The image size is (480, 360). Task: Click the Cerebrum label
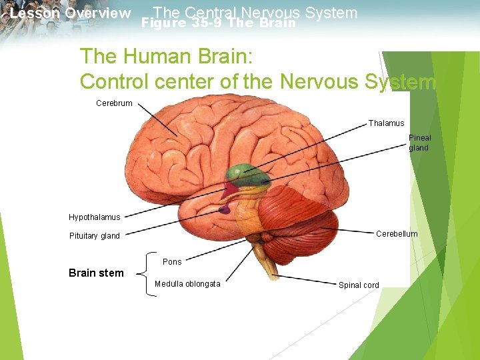pyautogui.click(x=114, y=103)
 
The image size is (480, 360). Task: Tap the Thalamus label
pyautogui.click(x=386, y=123)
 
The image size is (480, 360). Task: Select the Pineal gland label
pyautogui.click(x=419, y=143)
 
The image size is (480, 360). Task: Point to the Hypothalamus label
pyautogui.click(x=95, y=217)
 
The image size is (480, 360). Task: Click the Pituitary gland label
pyautogui.click(x=95, y=236)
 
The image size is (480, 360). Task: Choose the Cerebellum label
pyautogui.click(x=397, y=234)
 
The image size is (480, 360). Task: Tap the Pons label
pyautogui.click(x=172, y=262)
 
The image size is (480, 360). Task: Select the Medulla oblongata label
pyautogui.click(x=187, y=284)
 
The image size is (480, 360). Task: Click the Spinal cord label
pyautogui.click(x=359, y=285)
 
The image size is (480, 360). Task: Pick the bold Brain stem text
pyautogui.click(x=96, y=273)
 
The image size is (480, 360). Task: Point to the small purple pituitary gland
pyautogui.click(x=225, y=209)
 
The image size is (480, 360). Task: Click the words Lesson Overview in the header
pyautogui.click(x=71, y=13)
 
